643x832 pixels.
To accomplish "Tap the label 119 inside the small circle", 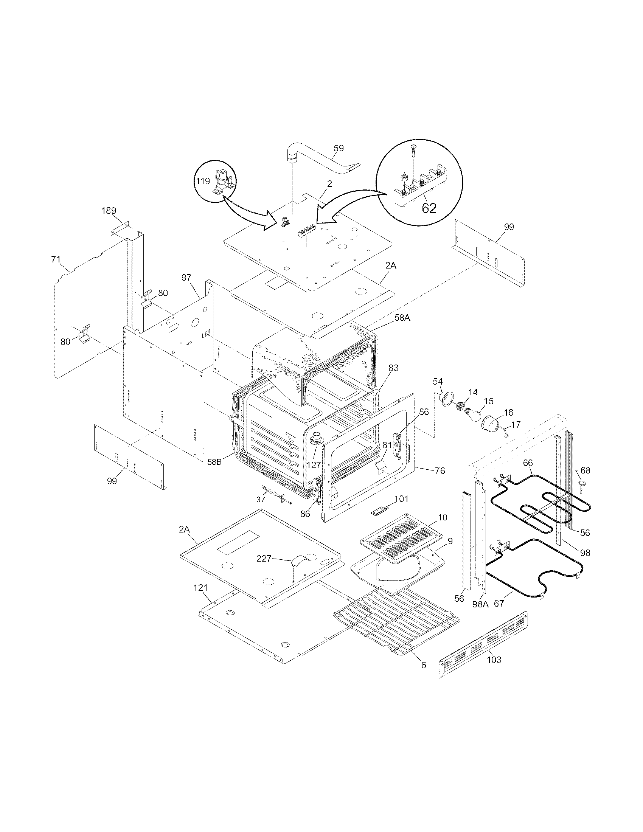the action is point(203,181).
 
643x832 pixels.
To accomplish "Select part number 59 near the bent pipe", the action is point(338,148).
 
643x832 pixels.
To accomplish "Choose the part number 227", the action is point(264,559).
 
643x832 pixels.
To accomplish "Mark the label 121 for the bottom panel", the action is point(200,599).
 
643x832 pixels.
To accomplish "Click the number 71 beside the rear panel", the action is point(56,259).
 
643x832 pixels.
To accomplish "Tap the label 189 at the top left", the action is point(109,211).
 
